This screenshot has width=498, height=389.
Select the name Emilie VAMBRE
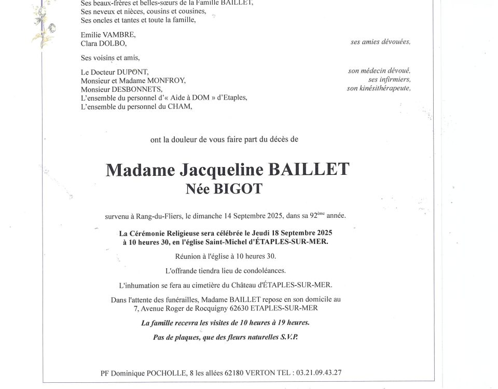click(101, 35)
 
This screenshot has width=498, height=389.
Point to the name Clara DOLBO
click(100, 44)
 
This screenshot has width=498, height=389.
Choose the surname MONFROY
click(167, 80)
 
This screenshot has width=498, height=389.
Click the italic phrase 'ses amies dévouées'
click(380, 43)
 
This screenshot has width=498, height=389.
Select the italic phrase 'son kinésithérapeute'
click(379, 88)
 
